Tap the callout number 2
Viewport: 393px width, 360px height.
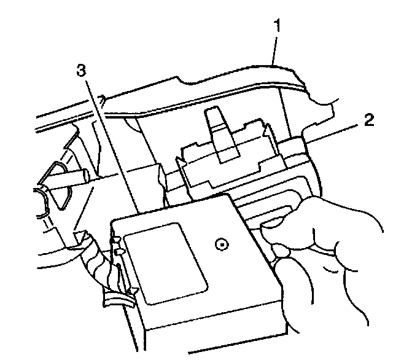point(368,120)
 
